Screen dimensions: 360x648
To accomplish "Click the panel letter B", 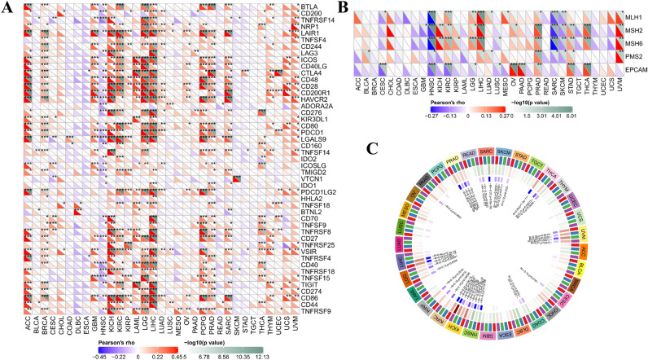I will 335,6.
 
